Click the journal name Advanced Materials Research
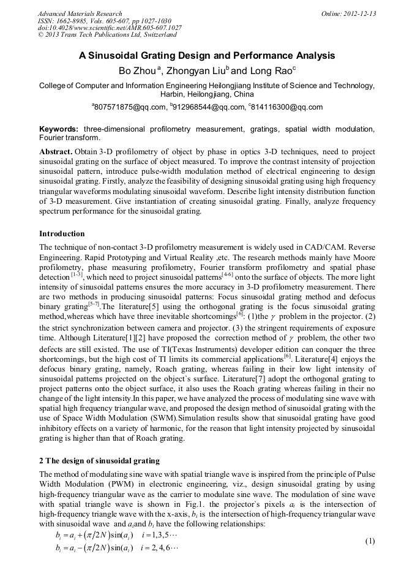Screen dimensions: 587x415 click(80, 13)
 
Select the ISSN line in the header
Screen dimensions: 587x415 click(104, 21)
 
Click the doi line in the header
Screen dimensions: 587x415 click(110, 28)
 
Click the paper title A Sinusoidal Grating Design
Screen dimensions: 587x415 click(207, 56)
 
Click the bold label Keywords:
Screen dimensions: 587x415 click(59, 129)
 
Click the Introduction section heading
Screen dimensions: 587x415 click(62, 234)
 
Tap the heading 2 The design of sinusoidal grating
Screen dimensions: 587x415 click(99, 460)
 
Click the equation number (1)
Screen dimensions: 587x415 click(369, 542)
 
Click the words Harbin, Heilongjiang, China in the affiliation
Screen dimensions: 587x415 click(207, 94)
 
